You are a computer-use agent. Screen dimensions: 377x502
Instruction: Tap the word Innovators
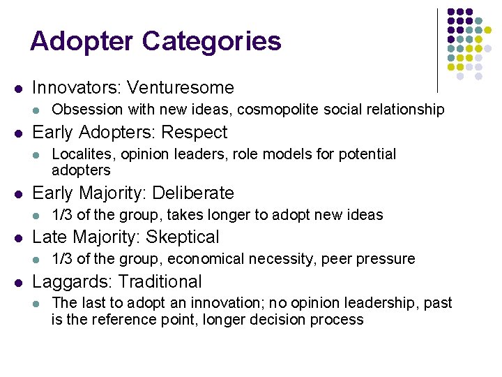click(77, 88)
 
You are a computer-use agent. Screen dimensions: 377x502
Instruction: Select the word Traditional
click(160, 282)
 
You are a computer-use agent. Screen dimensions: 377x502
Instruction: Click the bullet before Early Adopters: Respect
click(19, 133)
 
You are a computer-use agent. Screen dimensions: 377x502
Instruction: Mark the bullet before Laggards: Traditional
click(19, 282)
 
